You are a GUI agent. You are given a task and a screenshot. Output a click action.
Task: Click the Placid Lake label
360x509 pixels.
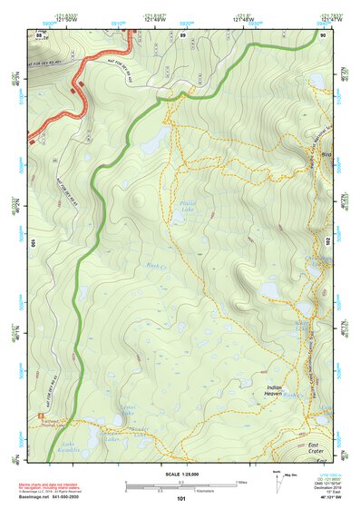point(189,206)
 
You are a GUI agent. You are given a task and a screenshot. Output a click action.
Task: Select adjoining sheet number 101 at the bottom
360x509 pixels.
point(181,498)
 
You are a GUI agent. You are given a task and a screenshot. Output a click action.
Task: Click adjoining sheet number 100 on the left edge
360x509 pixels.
point(34,243)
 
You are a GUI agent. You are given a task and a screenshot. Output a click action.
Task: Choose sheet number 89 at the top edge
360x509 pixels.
point(182,35)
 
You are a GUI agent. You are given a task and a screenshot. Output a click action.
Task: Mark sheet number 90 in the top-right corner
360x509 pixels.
point(324,35)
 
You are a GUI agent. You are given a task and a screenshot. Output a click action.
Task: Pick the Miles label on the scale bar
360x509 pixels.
point(240,482)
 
